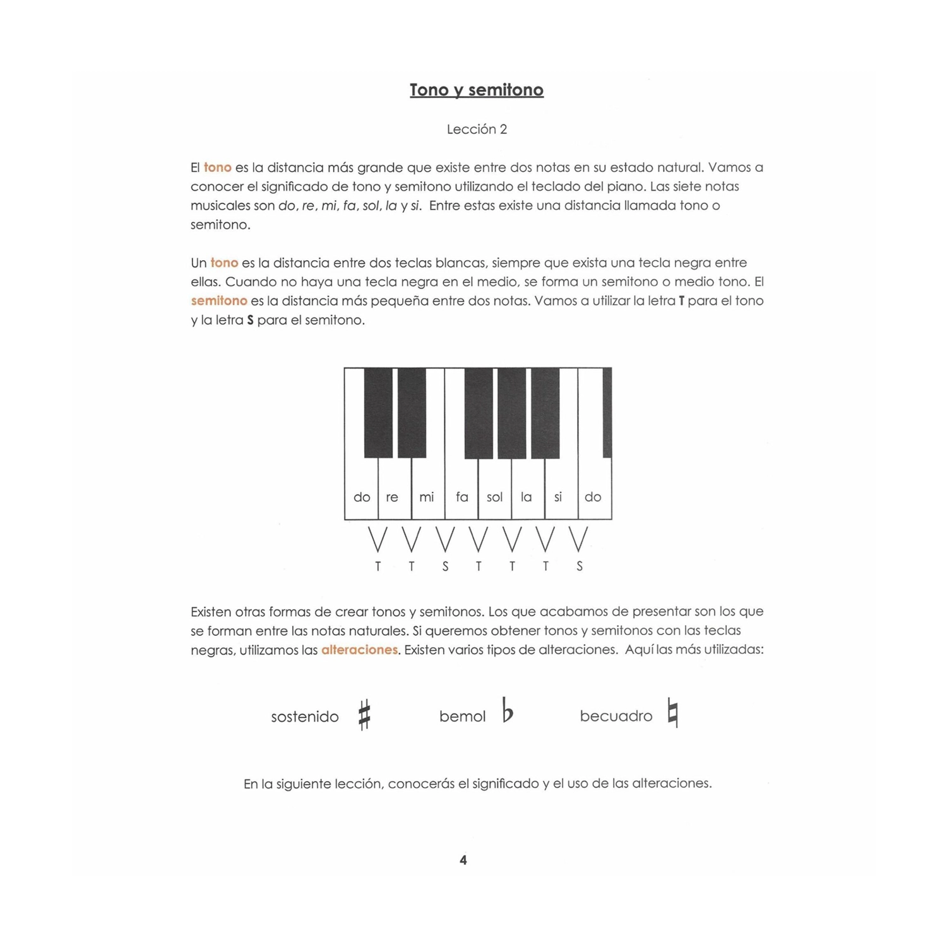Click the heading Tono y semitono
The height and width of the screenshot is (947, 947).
pos(476,90)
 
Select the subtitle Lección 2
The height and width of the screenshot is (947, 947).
pos(477,129)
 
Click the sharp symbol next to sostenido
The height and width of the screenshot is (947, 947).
pos(364,715)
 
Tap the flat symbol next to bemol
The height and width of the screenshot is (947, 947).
pos(508,710)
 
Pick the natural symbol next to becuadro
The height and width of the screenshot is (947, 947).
pos(673,713)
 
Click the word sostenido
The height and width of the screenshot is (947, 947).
pos(305,717)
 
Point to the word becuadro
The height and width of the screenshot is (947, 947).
pos(616,716)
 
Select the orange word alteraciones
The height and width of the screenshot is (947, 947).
pos(359,650)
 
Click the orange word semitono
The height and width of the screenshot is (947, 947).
pos(219,301)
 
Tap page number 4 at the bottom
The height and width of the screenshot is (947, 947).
pos(463,860)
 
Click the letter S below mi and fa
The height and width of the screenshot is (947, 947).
pos(445,566)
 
